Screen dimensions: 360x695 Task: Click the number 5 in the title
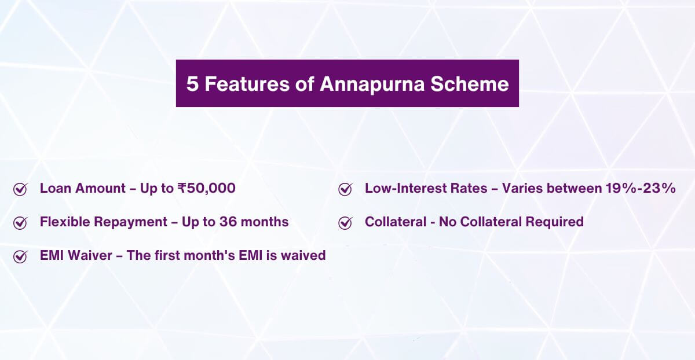pos(192,84)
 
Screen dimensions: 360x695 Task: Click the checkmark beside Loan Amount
pos(20,189)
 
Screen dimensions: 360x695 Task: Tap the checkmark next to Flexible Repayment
pos(20,223)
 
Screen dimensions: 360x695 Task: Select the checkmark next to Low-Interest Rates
pos(345,189)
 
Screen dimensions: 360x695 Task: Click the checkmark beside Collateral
pos(345,223)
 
